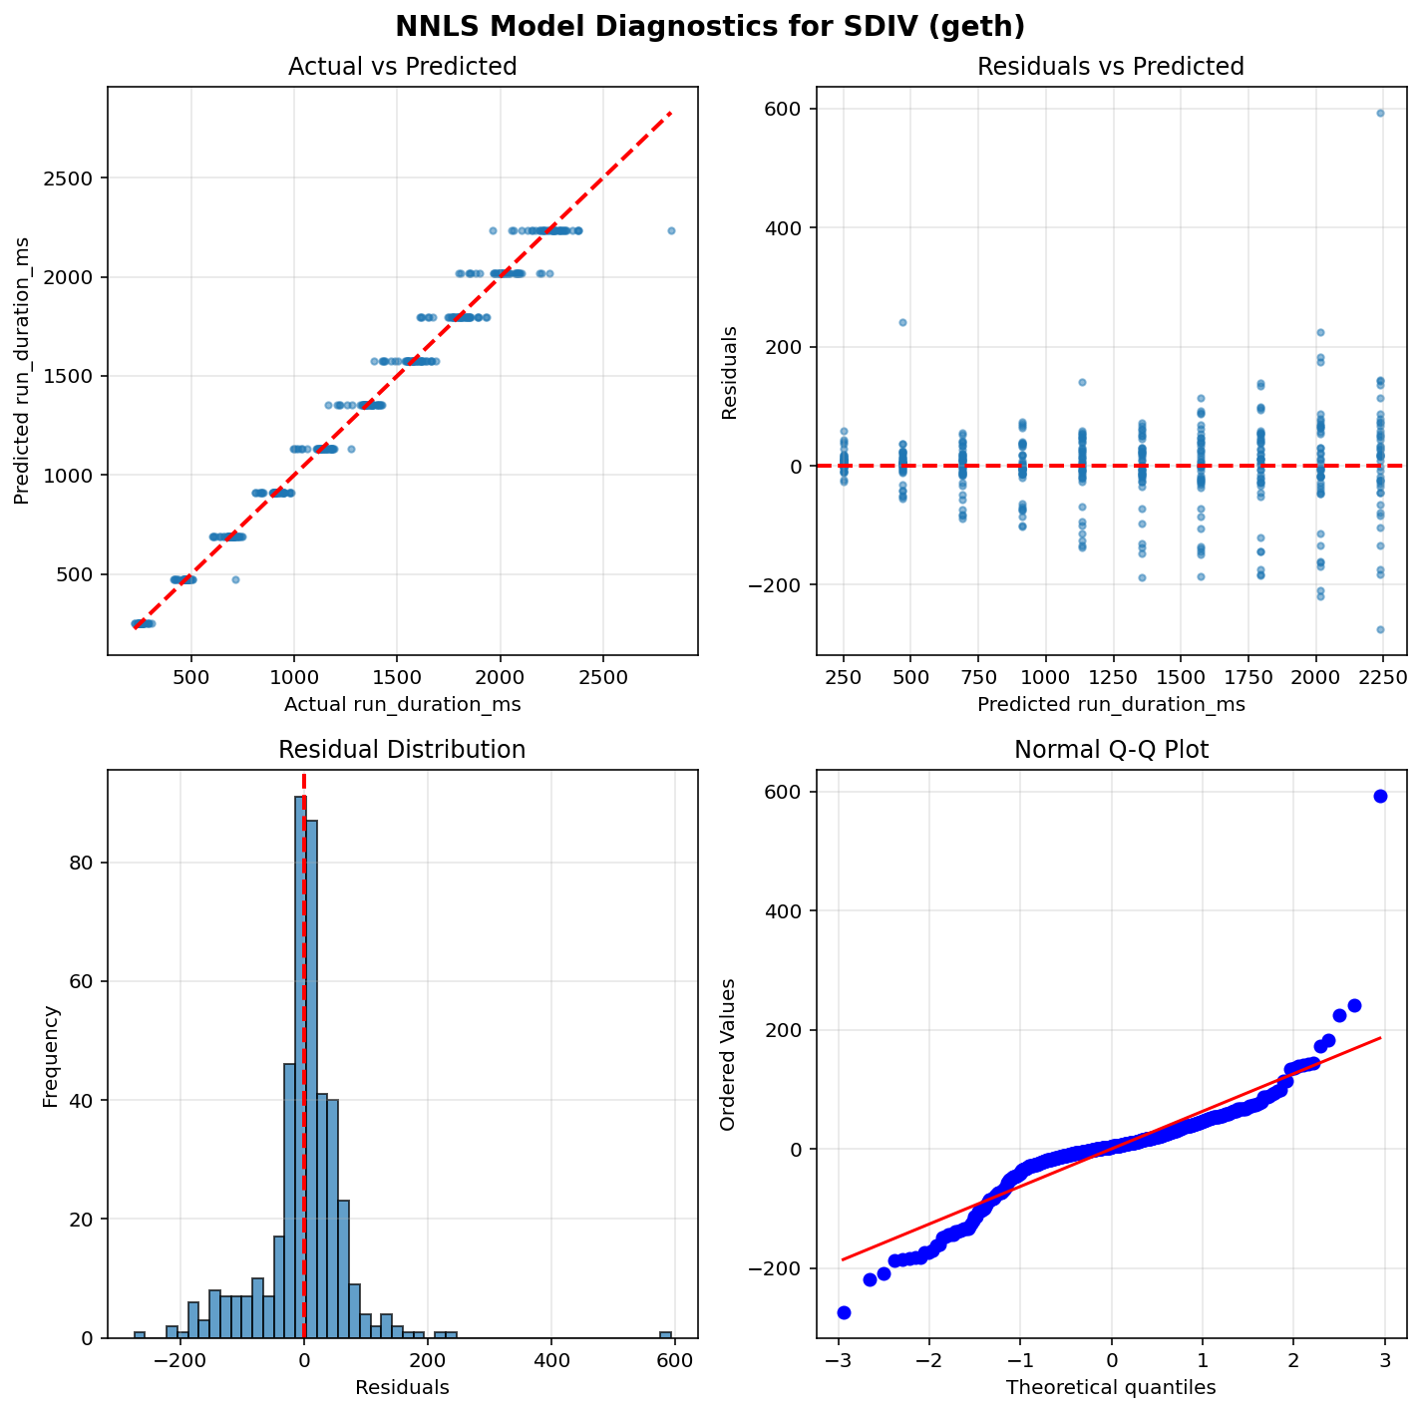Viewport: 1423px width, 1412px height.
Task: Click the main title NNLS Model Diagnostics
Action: pos(710,26)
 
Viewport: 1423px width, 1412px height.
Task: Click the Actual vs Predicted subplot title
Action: pos(402,67)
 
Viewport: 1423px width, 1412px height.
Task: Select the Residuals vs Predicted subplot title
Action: pos(1111,67)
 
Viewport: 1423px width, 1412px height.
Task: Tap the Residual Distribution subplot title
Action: pos(402,750)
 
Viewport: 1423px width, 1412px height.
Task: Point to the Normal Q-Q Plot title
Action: pos(1111,750)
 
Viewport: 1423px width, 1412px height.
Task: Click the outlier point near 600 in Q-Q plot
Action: pos(1380,796)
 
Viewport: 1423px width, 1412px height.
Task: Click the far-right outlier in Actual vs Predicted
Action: pos(671,230)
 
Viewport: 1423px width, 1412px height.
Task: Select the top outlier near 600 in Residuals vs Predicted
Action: pos(1380,113)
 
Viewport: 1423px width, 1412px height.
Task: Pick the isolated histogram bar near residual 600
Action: pos(665,1334)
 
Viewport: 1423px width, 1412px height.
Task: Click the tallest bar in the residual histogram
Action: pos(299,1067)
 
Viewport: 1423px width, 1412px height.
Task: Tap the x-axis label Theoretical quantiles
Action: pos(1111,1387)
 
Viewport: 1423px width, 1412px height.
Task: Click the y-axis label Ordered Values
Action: pos(729,1054)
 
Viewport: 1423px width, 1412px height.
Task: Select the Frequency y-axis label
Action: pos(51,1054)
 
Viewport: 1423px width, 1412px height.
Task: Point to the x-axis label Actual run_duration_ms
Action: pos(402,705)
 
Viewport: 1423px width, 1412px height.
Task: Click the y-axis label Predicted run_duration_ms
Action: pos(22,370)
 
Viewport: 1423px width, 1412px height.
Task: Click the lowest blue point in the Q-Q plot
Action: pos(844,1312)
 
